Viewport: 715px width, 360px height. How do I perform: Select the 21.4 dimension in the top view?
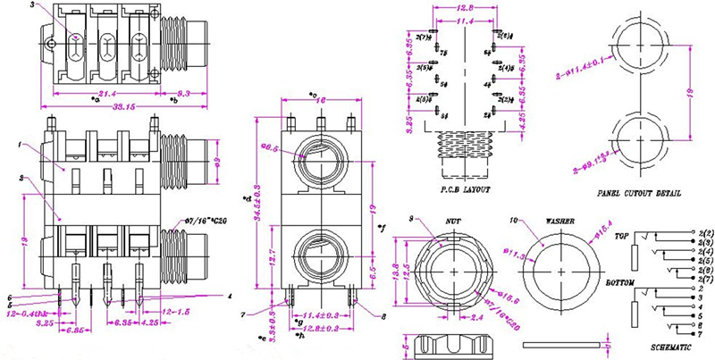106,93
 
